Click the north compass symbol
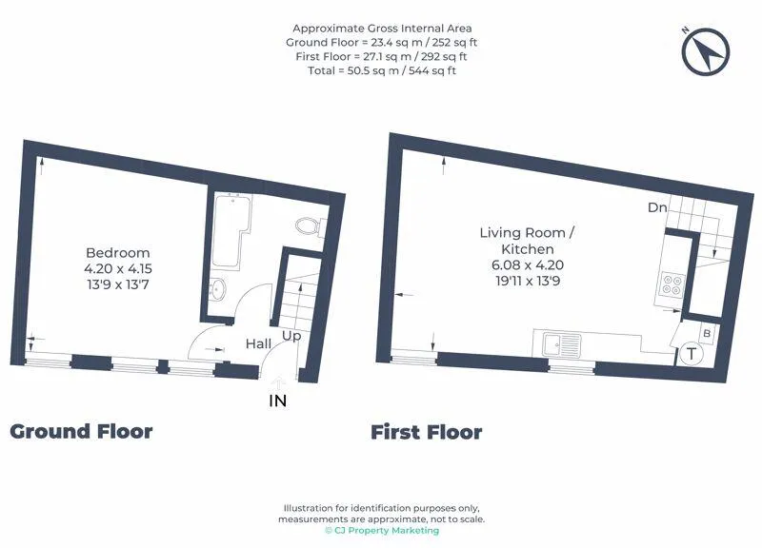pyautogui.click(x=706, y=52)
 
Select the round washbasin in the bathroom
pyautogui.click(x=218, y=289)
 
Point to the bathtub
pyautogui.click(x=231, y=231)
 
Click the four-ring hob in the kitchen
pyautogui.click(x=673, y=284)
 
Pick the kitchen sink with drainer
pyautogui.click(x=562, y=345)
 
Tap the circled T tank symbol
pyautogui.click(x=692, y=353)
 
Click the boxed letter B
pyautogui.click(x=707, y=333)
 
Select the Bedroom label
pyautogui.click(x=117, y=252)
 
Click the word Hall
pyautogui.click(x=258, y=343)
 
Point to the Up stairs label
pyautogui.click(x=291, y=336)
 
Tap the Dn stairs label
pyautogui.click(x=657, y=207)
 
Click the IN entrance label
pyautogui.click(x=278, y=401)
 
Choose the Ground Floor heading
pyautogui.click(x=81, y=431)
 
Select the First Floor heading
pyautogui.click(x=426, y=432)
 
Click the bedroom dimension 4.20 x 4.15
pyautogui.click(x=118, y=268)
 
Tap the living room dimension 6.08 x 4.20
pyautogui.click(x=528, y=265)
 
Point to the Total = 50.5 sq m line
pyautogui.click(x=382, y=70)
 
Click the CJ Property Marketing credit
pyautogui.click(x=382, y=531)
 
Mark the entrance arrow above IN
pyautogui.click(x=278, y=383)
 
